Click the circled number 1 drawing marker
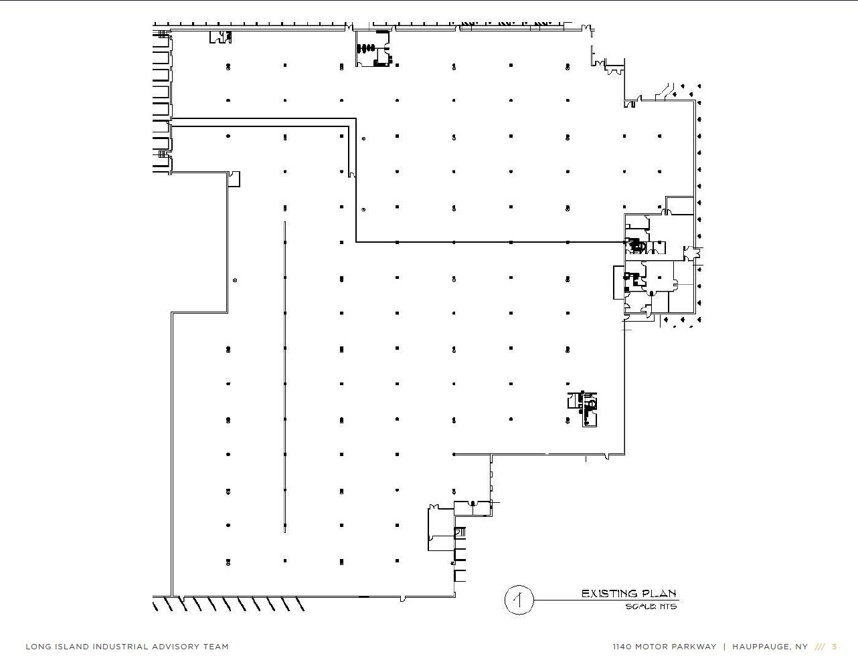click(x=518, y=599)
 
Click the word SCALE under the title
click(x=639, y=607)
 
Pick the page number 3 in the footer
click(x=835, y=647)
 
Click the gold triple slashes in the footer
click(x=820, y=647)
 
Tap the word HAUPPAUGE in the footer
click(x=760, y=647)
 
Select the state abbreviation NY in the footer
click(x=801, y=647)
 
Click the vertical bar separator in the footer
click(x=724, y=647)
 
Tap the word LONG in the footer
click(x=37, y=647)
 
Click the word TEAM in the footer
click(x=217, y=647)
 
